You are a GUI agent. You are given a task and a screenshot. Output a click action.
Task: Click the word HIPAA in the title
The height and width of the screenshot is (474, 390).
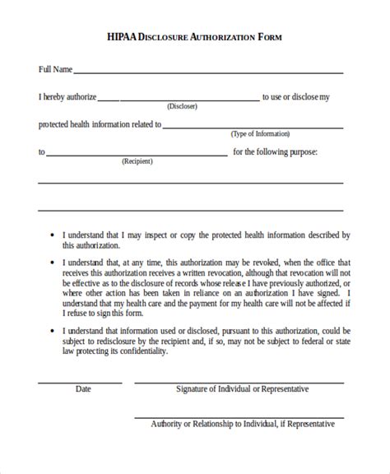click(123, 37)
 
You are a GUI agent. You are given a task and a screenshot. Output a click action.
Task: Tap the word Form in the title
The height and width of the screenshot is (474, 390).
click(272, 37)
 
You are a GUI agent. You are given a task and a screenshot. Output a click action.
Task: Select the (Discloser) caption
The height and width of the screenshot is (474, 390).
click(183, 107)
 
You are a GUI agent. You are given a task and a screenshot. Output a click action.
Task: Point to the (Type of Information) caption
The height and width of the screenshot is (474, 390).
click(260, 134)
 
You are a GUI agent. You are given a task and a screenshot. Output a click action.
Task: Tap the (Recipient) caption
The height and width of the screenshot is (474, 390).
click(137, 161)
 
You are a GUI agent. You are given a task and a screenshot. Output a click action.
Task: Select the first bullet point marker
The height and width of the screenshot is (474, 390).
click(52, 235)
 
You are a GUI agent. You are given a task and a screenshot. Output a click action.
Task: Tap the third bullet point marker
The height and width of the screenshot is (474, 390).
click(52, 330)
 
